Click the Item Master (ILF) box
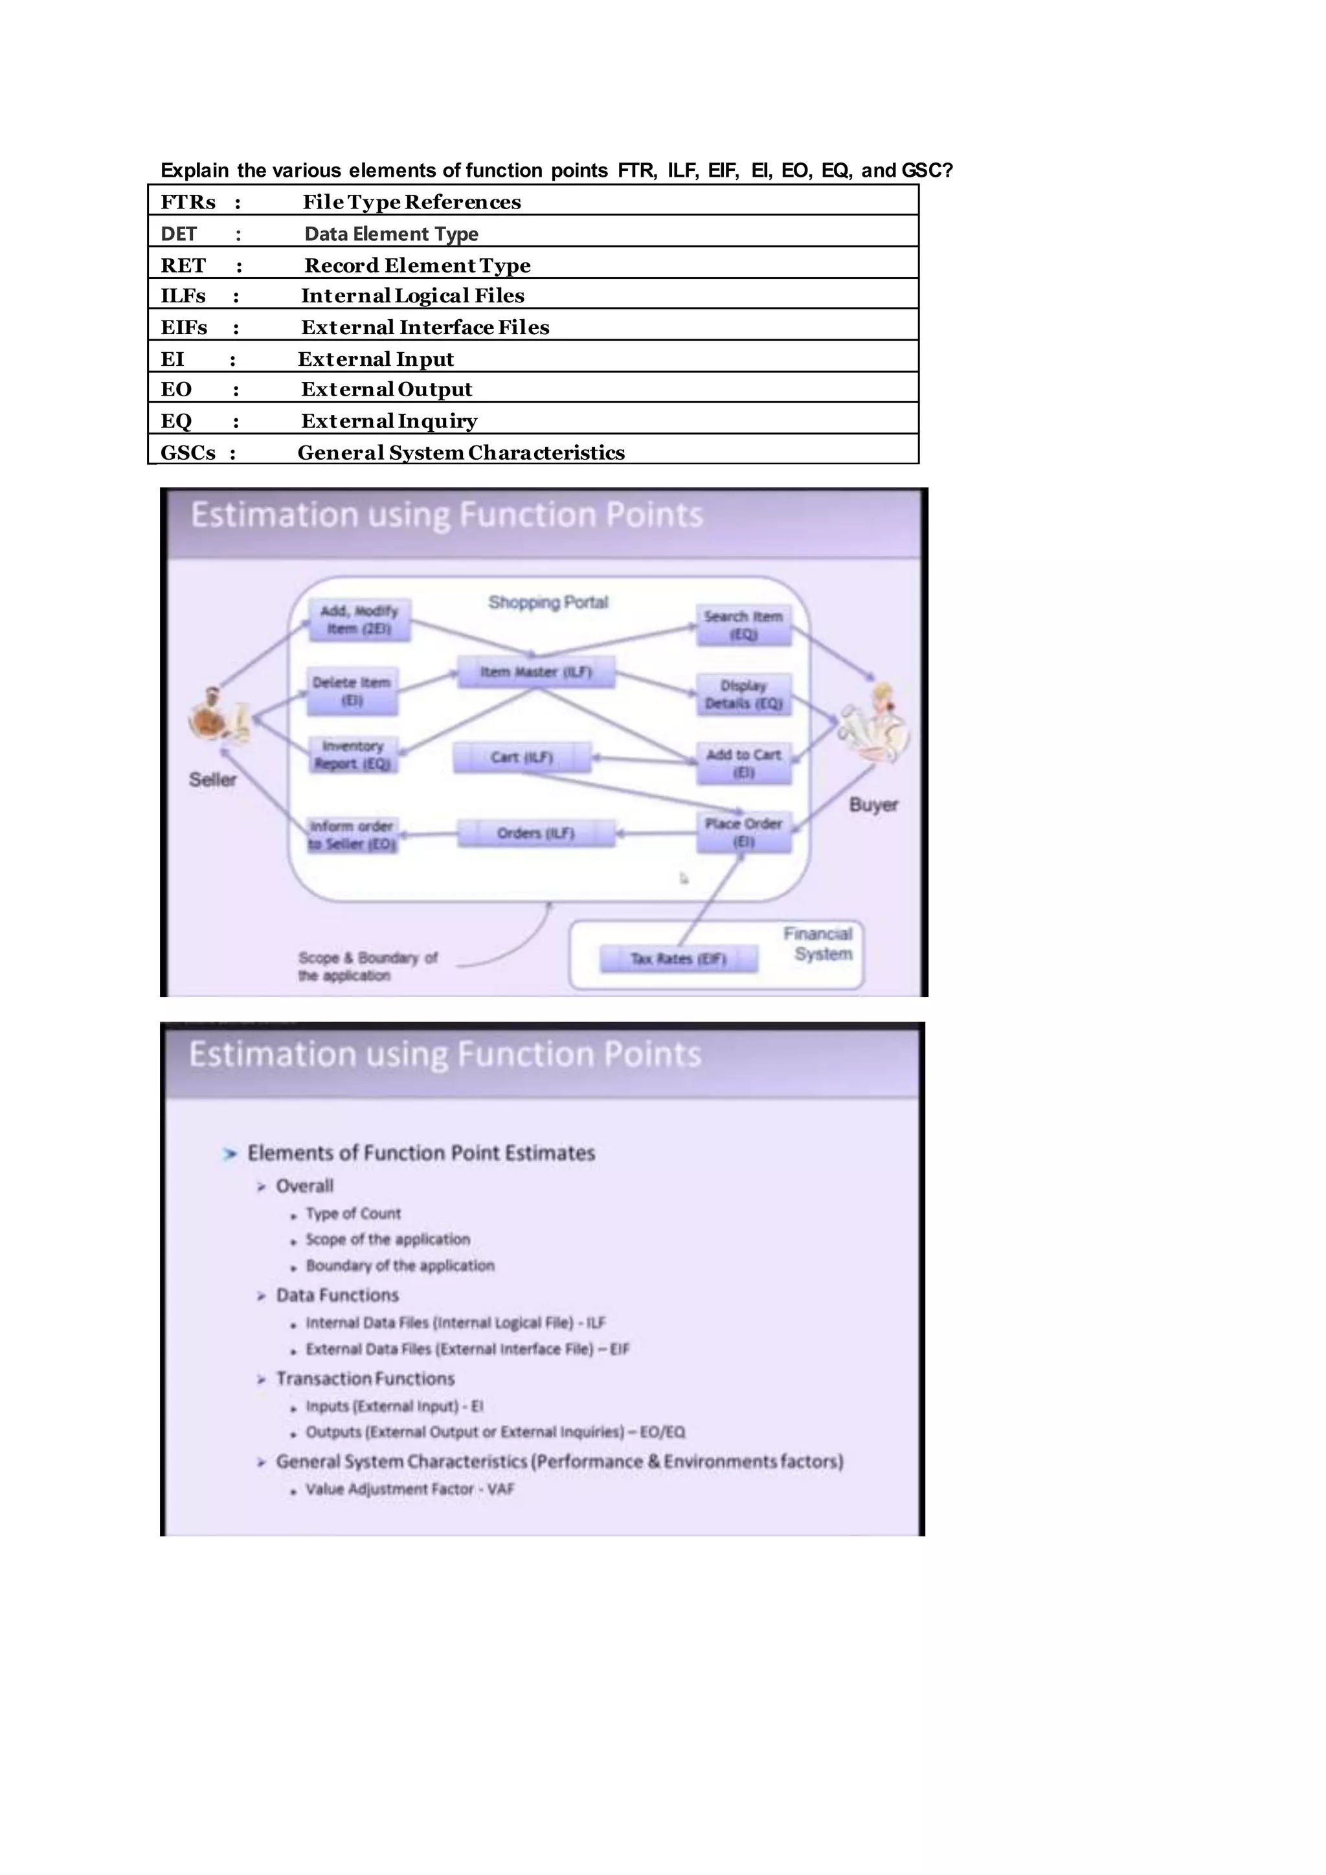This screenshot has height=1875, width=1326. coord(535,672)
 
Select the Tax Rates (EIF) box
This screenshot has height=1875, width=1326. coord(678,958)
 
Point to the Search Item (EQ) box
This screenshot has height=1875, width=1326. coord(743,625)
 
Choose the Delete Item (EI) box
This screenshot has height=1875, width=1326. coord(352,691)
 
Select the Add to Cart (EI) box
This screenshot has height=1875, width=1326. coord(743,763)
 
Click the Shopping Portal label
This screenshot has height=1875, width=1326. coord(548,603)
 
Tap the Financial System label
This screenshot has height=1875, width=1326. coord(818,944)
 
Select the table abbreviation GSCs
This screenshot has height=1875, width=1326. coord(188,453)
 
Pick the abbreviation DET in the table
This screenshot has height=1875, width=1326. coord(179,234)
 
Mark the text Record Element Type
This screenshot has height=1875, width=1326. coord(417,266)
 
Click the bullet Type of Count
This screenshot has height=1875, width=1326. coord(353,1213)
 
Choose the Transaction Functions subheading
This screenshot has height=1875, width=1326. coord(365,1378)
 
